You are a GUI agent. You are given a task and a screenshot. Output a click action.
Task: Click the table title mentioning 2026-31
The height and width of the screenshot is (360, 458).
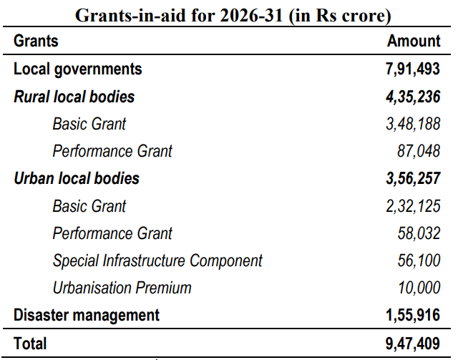[228, 14]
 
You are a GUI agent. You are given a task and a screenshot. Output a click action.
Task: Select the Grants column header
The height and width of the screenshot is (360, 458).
[36, 41]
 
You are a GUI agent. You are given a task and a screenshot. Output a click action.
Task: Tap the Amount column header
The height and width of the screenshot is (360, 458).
[414, 41]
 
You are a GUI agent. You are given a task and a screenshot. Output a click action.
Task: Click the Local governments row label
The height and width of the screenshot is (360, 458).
[78, 69]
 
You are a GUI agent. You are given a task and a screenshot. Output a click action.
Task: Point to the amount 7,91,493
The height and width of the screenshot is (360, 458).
[411, 69]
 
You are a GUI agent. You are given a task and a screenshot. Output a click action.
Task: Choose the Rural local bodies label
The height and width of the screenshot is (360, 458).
[74, 96]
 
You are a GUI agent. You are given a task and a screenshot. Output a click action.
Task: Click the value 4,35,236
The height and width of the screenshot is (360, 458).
[411, 96]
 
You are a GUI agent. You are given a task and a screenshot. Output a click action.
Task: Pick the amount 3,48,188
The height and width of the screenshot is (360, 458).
[412, 124]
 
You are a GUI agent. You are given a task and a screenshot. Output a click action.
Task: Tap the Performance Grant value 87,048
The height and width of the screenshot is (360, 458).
[419, 151]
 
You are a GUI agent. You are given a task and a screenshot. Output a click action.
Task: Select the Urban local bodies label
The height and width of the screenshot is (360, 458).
[77, 178]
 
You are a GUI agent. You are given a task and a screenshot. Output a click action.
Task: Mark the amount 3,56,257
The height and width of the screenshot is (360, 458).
[411, 178]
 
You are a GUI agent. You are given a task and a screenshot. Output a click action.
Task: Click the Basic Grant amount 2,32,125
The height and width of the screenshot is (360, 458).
[412, 206]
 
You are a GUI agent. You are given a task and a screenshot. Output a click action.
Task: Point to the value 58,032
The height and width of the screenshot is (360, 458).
[419, 233]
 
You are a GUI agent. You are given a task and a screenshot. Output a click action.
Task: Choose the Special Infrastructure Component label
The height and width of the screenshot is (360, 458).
[157, 261]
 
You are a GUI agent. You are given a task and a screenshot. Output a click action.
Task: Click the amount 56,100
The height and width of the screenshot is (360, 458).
[419, 261]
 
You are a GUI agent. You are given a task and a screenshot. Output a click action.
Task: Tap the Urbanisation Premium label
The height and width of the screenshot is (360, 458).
[122, 288]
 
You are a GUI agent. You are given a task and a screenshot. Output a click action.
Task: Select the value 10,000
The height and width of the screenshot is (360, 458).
[419, 288]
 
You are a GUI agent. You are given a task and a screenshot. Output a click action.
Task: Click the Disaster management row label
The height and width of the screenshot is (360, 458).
[87, 315]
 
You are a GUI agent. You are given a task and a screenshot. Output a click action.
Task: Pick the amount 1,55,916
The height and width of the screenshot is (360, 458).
[411, 315]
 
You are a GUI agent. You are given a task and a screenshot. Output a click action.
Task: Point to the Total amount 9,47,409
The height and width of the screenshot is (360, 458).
[411, 344]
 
